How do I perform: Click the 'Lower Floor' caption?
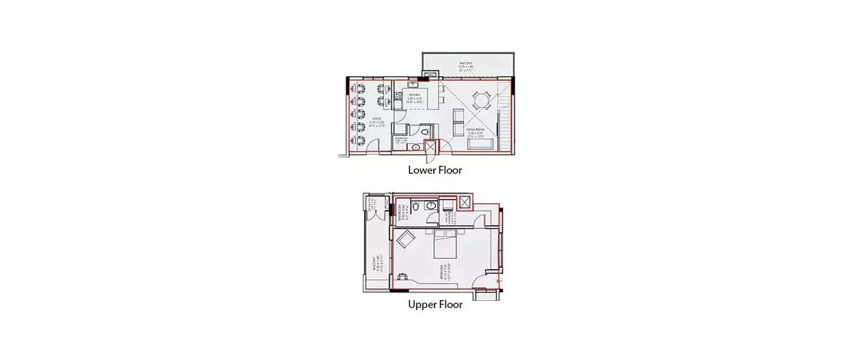pos(435,170)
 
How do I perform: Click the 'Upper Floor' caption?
pos(435,305)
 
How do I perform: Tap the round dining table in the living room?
pos(481,103)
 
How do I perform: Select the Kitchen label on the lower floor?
pos(414,97)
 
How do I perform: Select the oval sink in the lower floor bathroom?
pos(415,148)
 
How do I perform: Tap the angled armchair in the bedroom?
pos(404,238)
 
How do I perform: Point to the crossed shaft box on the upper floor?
pos(465,202)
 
